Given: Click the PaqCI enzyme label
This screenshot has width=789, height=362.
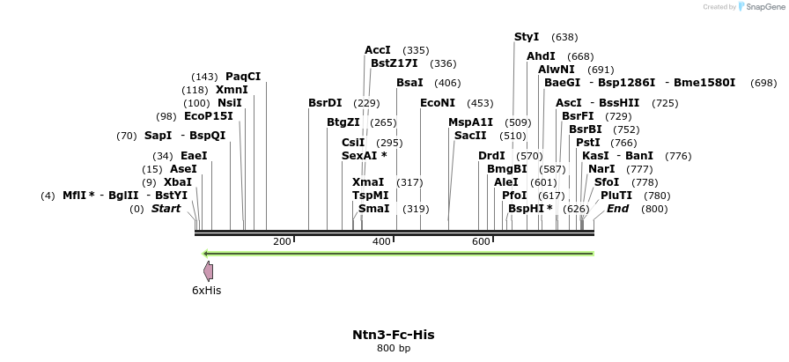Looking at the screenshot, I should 243,77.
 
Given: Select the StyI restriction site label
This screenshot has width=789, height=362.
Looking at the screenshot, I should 527,37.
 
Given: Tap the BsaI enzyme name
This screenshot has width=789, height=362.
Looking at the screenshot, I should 409,83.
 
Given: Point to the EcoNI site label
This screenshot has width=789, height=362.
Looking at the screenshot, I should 438,103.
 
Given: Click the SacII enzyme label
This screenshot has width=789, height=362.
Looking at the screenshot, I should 470,136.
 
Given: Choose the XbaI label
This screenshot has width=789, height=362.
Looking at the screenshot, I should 178,182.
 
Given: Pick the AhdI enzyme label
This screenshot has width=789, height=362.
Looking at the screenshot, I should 541,56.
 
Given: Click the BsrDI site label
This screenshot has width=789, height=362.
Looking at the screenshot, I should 325,103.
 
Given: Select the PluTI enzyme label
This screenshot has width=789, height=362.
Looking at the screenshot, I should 616,196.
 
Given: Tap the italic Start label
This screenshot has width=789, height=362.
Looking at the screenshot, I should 166,209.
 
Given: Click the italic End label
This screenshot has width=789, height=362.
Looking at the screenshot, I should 617,209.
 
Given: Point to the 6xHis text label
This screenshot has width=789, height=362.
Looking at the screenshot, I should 206,290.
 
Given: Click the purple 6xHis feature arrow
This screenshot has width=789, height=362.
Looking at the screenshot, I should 208,270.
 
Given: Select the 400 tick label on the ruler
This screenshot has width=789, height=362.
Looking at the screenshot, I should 381,241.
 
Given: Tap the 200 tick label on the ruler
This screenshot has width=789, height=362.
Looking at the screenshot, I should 282,241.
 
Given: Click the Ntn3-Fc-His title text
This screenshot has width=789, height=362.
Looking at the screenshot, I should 394,335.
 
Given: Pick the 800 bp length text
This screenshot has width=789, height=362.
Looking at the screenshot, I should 394,349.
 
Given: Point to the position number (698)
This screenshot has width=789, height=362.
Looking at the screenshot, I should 763,83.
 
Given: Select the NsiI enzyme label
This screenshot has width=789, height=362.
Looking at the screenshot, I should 230,103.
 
